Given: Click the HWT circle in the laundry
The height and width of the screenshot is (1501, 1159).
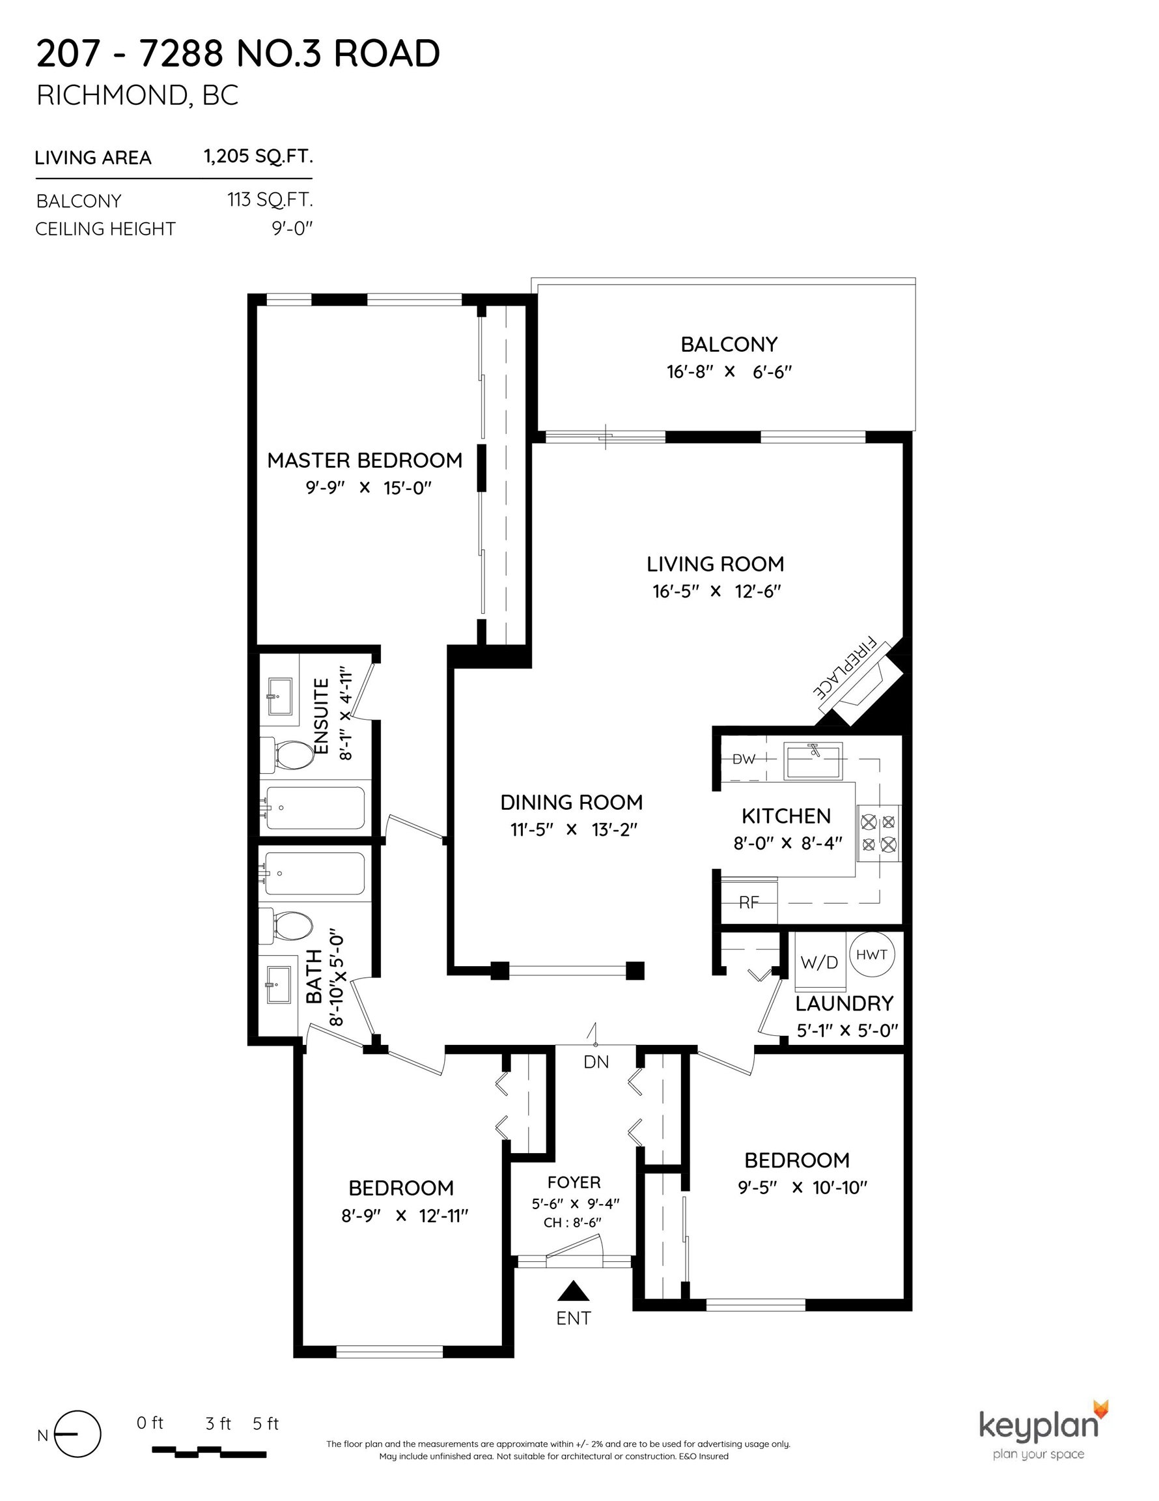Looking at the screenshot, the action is [872, 954].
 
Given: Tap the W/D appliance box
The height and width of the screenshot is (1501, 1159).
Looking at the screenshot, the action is [819, 962].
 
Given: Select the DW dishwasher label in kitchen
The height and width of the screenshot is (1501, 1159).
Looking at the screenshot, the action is [744, 760].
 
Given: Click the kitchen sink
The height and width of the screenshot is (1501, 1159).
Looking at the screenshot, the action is [813, 761].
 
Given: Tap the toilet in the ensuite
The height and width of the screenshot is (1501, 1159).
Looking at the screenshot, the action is [287, 754].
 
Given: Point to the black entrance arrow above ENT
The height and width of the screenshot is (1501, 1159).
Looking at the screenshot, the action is [574, 1291].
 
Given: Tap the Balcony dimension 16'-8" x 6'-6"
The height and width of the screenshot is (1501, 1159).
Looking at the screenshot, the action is [729, 372].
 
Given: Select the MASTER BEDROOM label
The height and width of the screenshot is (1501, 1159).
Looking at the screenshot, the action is [365, 461].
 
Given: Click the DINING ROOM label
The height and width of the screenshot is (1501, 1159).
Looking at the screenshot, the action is [572, 802].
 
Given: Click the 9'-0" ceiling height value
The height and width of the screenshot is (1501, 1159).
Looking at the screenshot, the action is [292, 228].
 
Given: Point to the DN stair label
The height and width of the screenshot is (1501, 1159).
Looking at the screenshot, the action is [596, 1062].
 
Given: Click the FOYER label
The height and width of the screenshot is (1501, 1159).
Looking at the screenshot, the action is [574, 1182].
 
